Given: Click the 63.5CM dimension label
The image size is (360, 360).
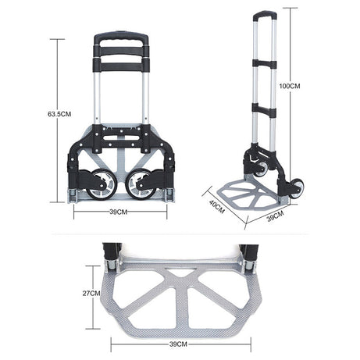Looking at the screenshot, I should pos(59,113).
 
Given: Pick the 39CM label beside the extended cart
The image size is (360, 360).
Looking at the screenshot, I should pos(274,217).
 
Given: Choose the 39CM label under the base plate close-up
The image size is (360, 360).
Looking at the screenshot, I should pos(179,343).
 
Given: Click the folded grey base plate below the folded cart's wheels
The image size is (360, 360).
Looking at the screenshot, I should pos(121,202).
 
